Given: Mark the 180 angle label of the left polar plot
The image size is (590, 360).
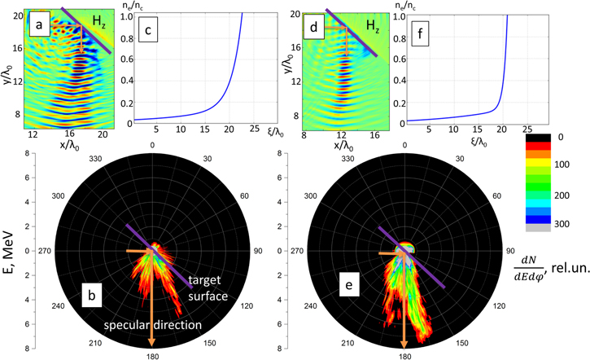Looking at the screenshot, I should (x=152, y=354).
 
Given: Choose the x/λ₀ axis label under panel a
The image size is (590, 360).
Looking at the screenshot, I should (x=72, y=144).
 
